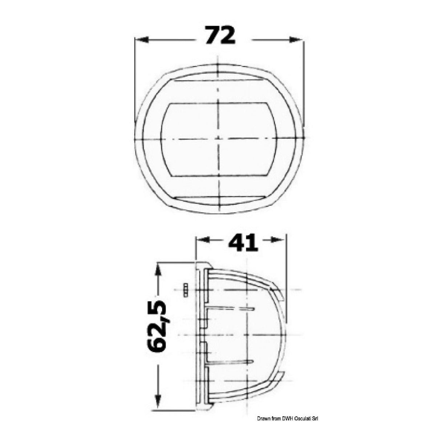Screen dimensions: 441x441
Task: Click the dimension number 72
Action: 219,36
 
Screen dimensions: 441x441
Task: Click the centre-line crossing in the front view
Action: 218,139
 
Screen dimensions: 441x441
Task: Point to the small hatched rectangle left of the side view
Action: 185,290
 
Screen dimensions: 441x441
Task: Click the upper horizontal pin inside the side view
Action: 232,309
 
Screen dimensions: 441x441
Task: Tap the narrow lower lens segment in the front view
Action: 218,201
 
